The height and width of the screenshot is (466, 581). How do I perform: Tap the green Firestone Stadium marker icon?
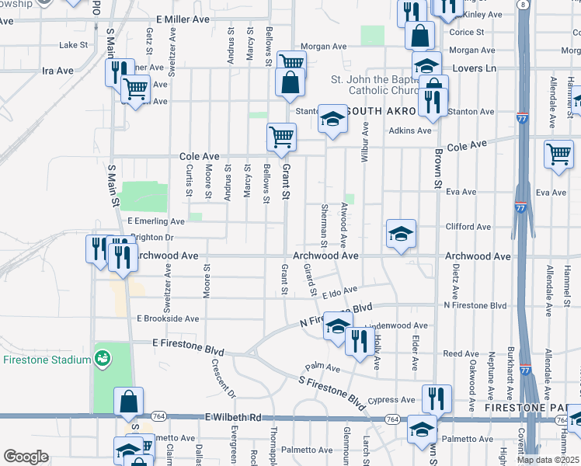point(102,358)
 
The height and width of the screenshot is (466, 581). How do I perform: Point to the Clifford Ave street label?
point(468,227)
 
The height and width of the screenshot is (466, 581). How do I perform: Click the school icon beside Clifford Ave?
point(400,233)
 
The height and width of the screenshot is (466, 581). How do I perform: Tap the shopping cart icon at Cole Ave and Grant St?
point(281,137)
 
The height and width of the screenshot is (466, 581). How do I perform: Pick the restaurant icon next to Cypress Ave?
point(437,398)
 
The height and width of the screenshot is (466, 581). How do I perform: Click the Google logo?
point(26,457)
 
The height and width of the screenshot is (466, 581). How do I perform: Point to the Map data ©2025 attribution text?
point(548,460)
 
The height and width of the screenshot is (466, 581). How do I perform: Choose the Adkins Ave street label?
point(410,130)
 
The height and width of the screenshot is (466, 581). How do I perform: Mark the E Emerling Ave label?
point(156,221)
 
